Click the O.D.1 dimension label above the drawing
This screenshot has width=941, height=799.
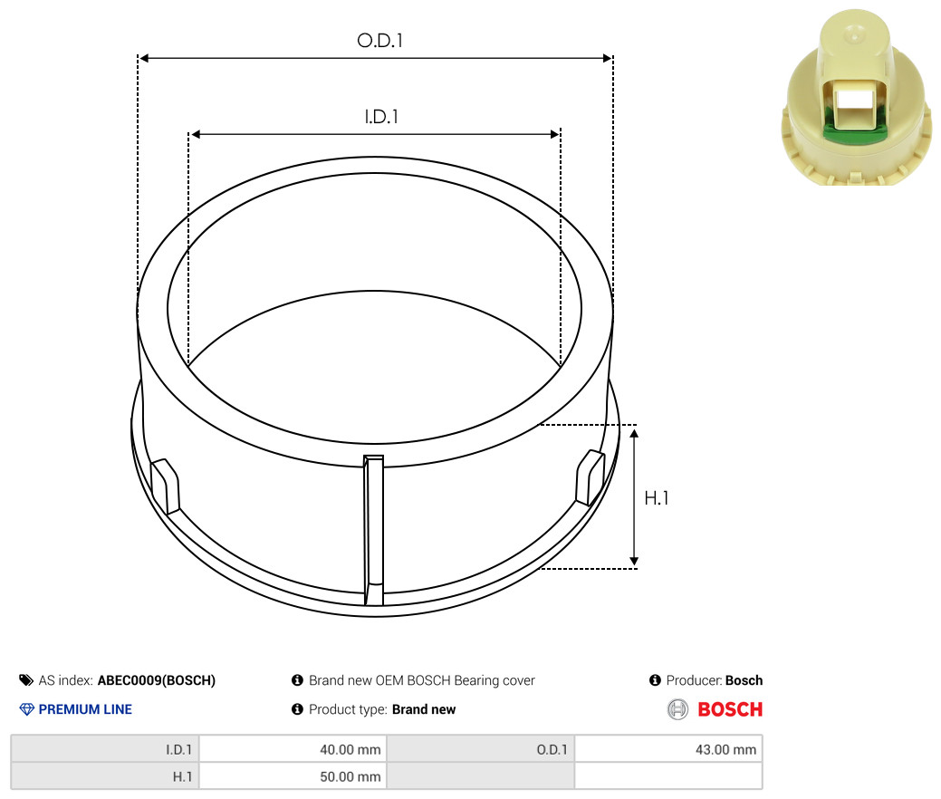(379, 40)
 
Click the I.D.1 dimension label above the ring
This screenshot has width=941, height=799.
(381, 117)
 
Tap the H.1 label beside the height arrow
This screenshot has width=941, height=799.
(656, 497)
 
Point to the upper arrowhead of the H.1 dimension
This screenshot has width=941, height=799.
(634, 433)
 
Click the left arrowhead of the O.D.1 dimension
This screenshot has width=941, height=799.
(143, 58)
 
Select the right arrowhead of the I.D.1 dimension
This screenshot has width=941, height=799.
(555, 134)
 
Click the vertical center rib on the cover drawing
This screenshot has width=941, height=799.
(373, 530)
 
